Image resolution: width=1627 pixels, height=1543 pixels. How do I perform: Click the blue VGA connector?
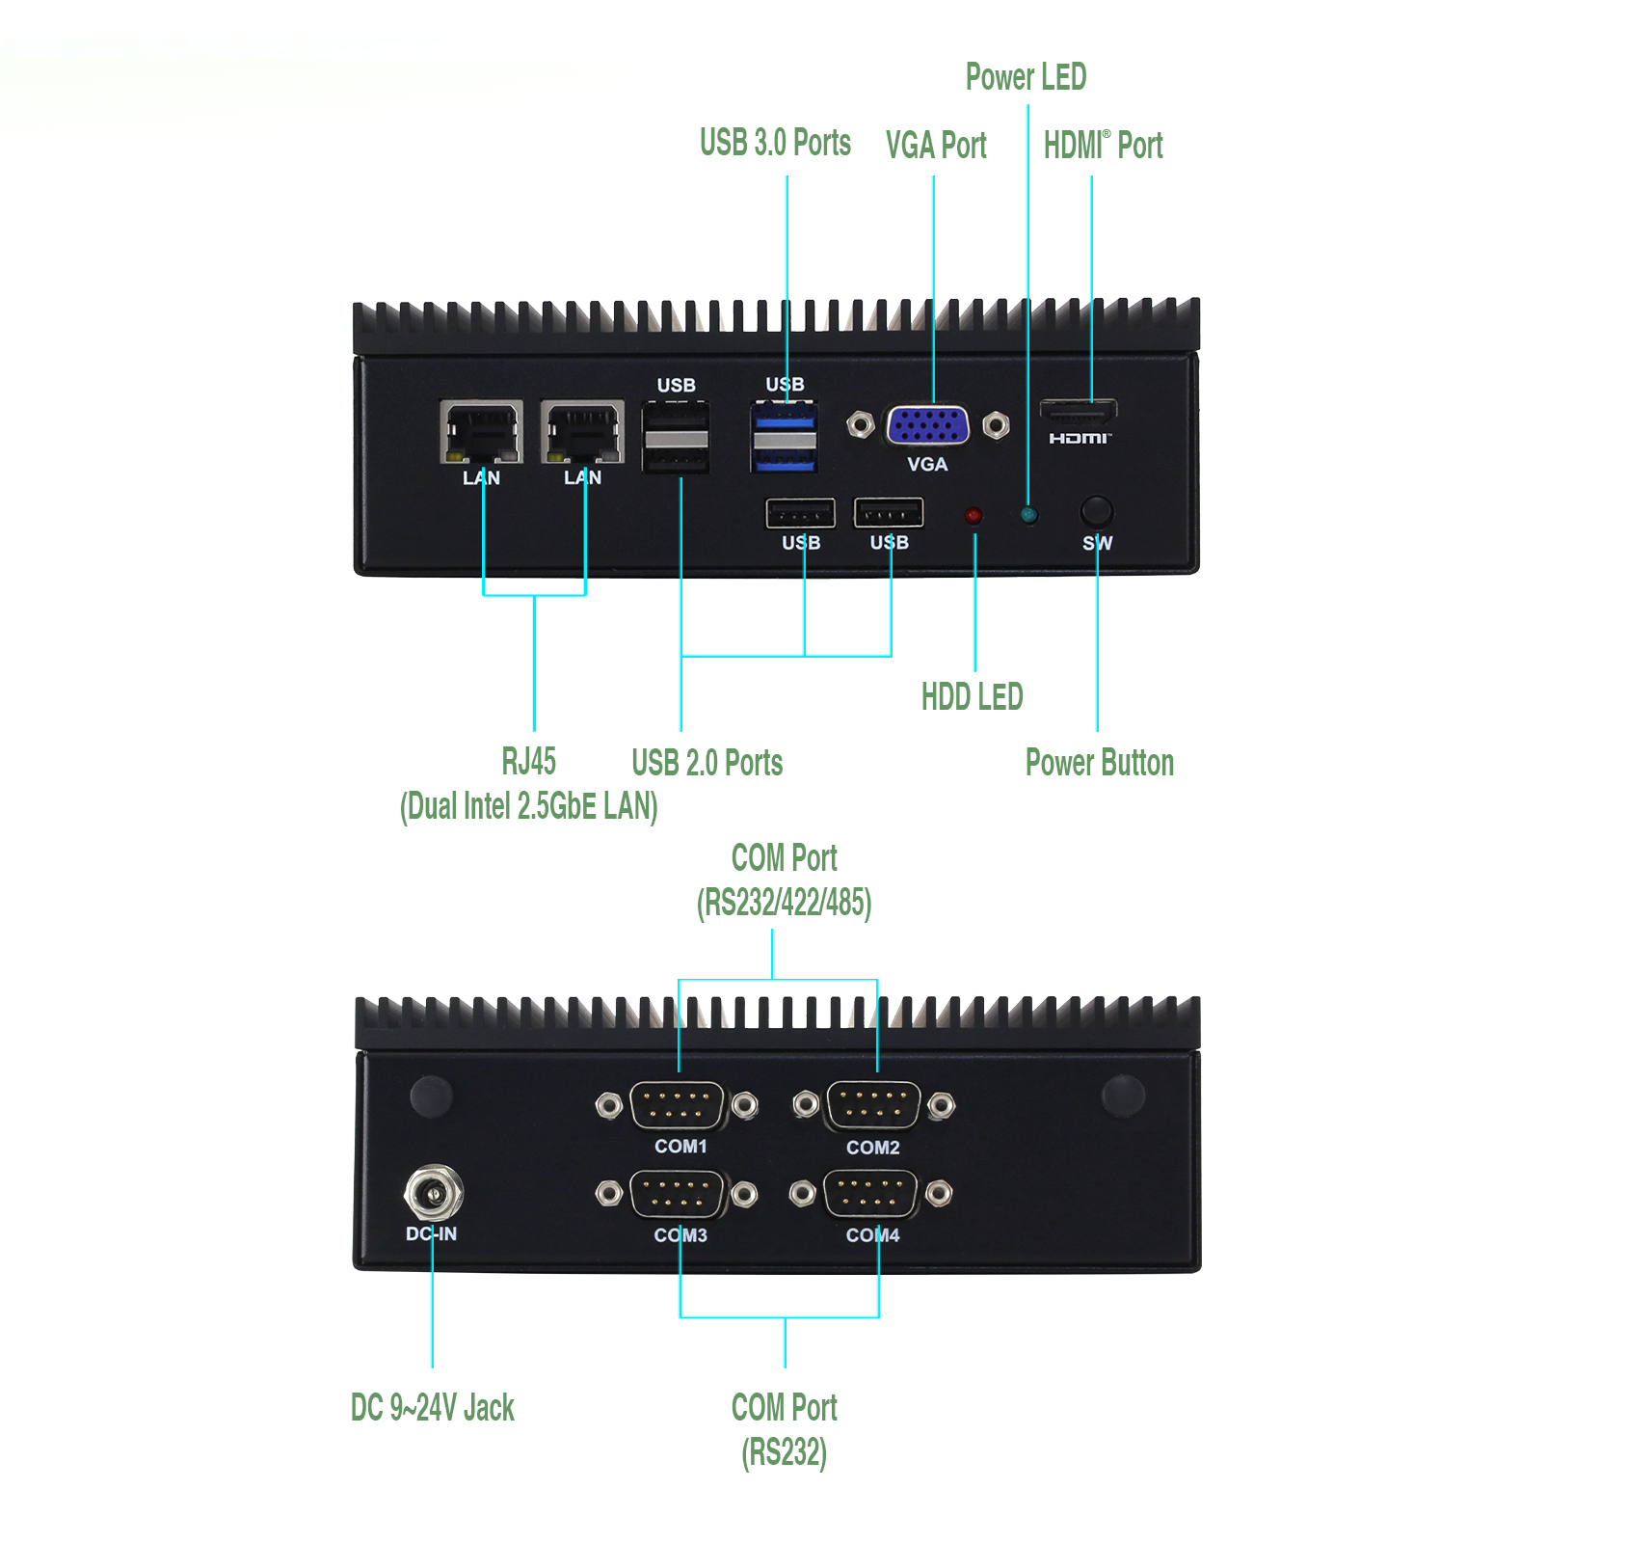tap(927, 425)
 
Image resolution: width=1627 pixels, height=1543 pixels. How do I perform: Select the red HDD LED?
tap(974, 516)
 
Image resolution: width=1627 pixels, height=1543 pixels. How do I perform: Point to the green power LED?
tap(1028, 516)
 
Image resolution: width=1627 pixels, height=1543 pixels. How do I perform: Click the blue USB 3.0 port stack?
tap(784, 439)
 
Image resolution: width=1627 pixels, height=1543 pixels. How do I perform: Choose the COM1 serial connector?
tap(678, 1105)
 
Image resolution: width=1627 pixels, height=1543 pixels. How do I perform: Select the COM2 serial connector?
tap(873, 1105)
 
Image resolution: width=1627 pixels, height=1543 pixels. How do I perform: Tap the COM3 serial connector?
tap(678, 1194)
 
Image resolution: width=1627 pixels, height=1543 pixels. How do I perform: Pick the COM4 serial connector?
tap(871, 1194)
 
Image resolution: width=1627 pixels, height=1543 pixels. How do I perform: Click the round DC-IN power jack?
tap(433, 1194)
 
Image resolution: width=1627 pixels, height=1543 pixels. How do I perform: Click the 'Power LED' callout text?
tap(1026, 77)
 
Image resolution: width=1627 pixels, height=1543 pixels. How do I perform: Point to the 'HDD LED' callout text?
tap(972, 696)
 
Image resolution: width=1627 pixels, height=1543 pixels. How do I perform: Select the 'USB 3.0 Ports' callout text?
tap(775, 143)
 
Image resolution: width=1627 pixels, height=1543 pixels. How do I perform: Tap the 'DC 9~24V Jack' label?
tap(432, 1408)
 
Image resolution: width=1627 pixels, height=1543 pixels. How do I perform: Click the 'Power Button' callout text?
tap(1099, 763)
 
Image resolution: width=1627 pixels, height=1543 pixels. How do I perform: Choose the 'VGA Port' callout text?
tap(936, 146)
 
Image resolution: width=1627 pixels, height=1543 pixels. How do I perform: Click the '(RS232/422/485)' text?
tap(784, 903)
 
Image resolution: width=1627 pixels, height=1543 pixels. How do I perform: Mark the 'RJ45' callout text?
tap(528, 762)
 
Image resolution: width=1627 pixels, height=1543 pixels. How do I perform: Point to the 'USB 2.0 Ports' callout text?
tap(707, 763)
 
